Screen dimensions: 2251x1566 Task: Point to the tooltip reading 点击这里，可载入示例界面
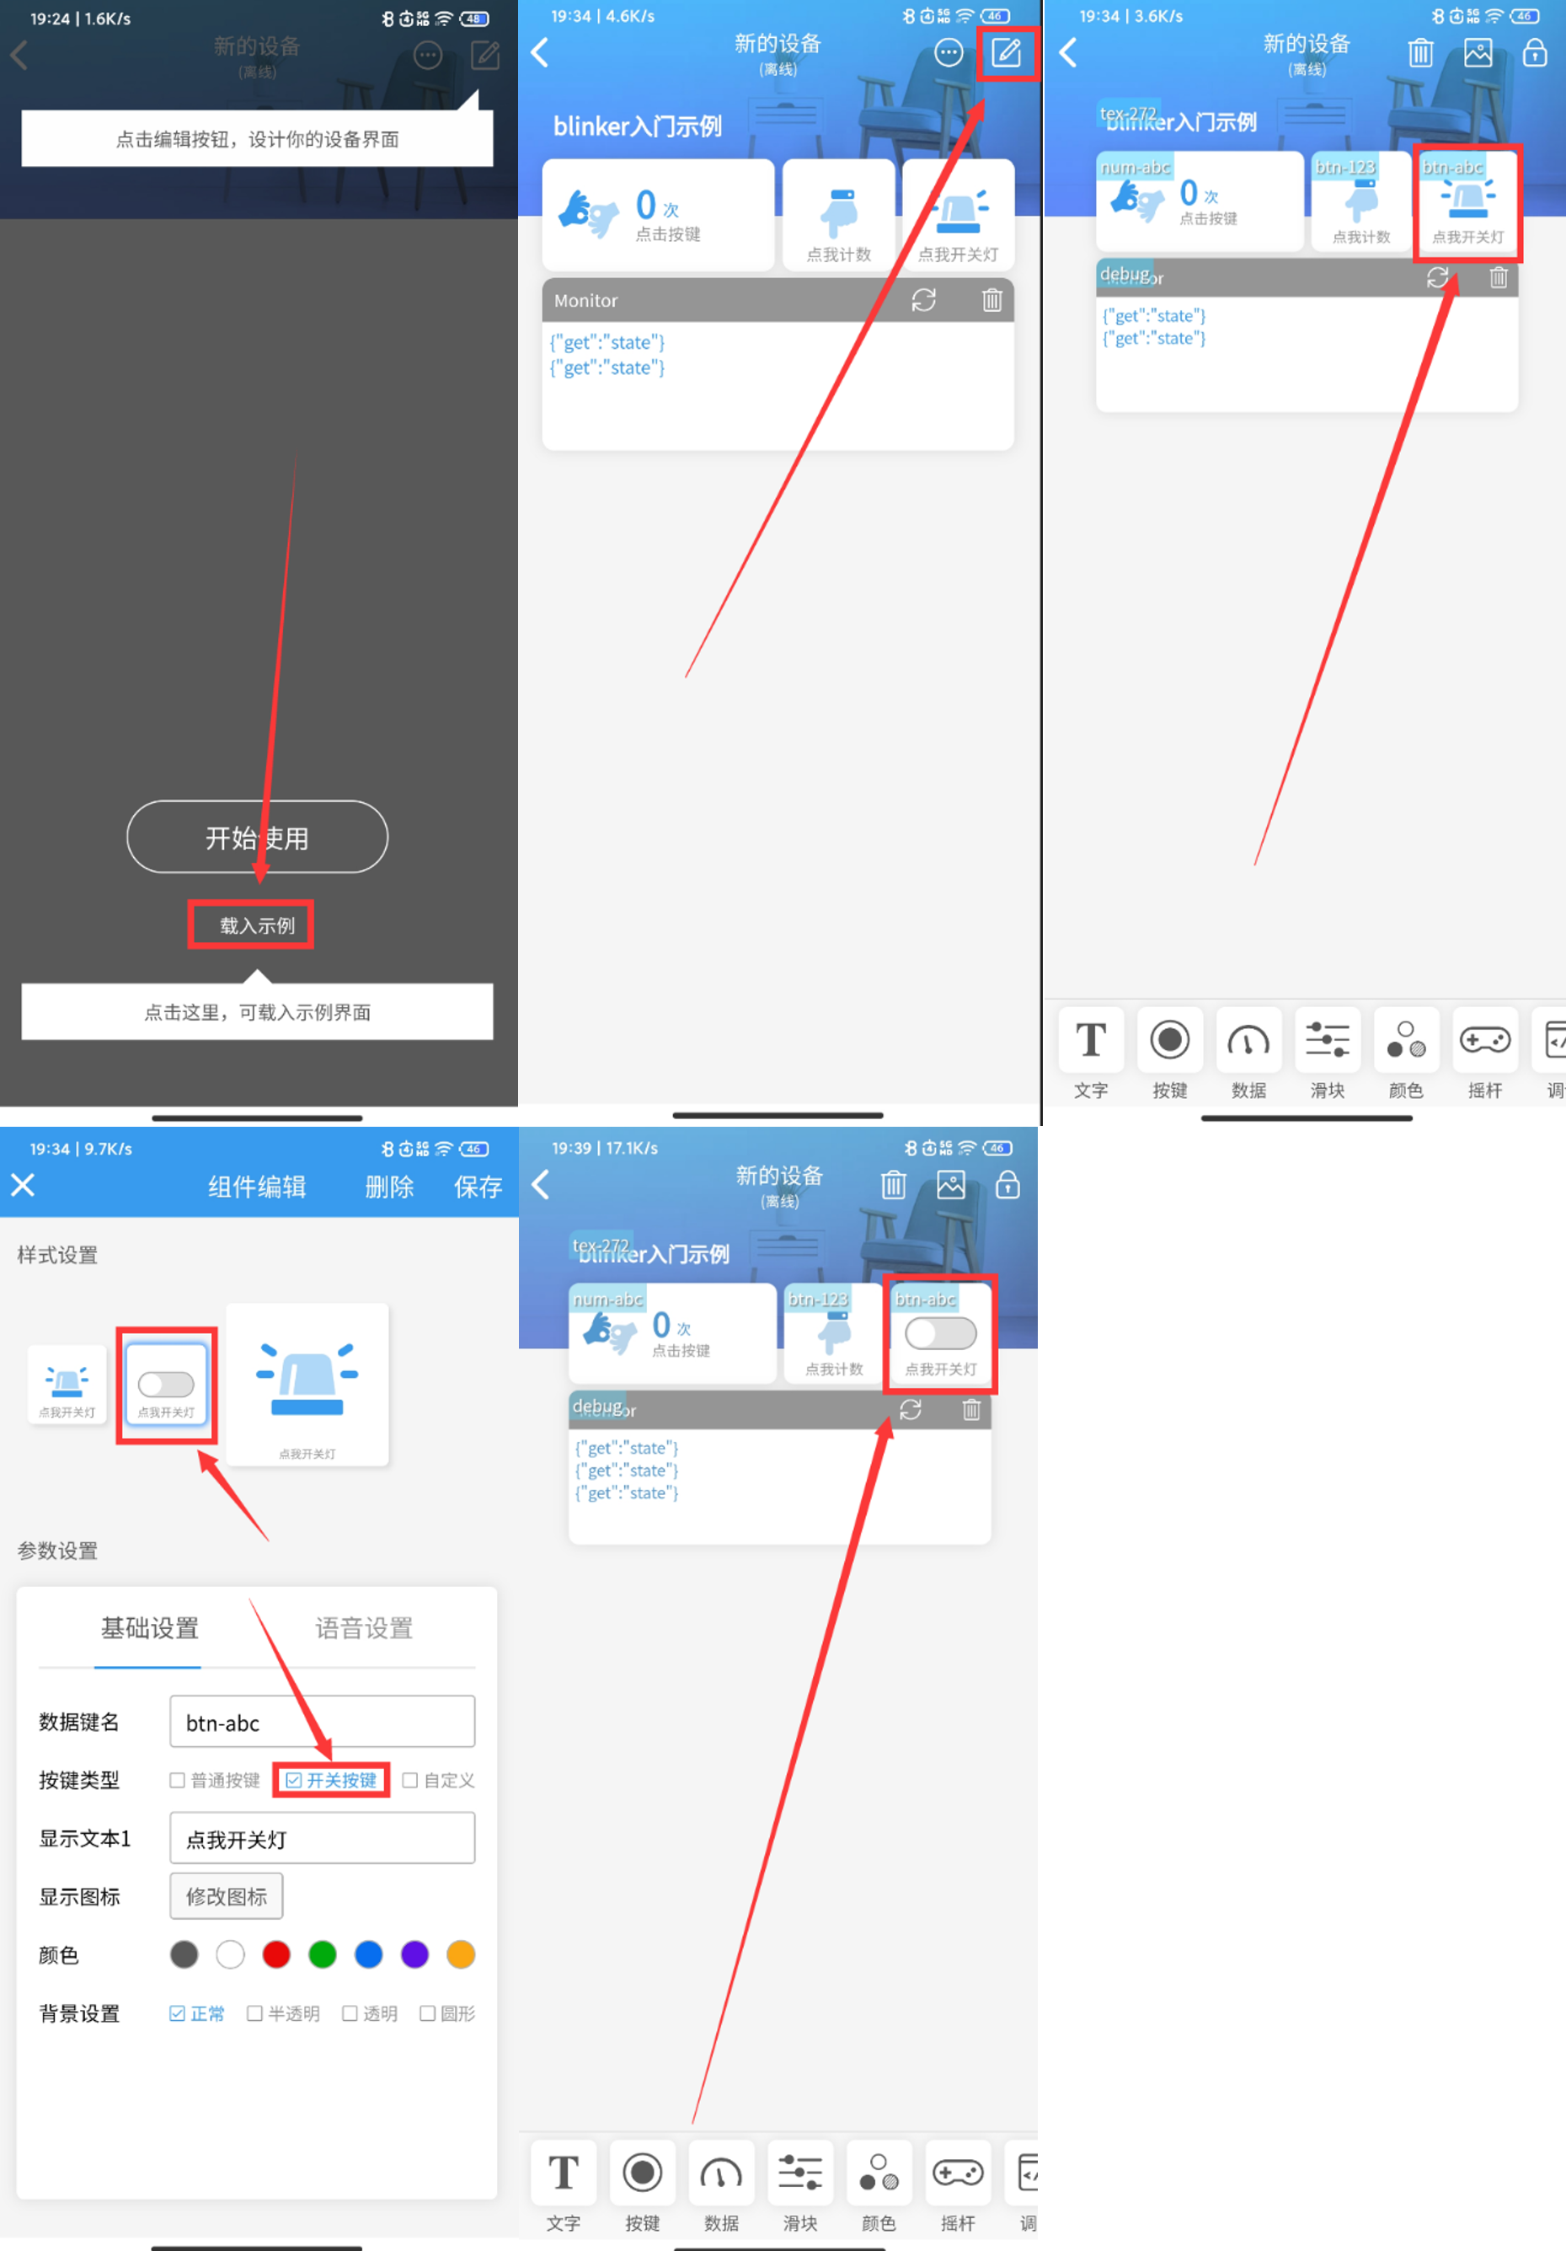[257, 1012]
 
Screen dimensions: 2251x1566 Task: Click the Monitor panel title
[586, 300]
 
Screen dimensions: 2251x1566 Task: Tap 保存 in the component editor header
[478, 1187]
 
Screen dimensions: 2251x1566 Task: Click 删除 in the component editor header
[389, 1187]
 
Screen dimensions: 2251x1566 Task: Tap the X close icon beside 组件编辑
[23, 1185]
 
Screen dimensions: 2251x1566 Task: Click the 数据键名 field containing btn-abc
[322, 1723]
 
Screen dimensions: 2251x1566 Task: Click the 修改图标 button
[227, 1896]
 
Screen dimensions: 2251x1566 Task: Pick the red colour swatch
[276, 1955]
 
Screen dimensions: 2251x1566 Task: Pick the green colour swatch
[323, 1955]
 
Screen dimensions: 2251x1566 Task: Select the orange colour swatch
[461, 1955]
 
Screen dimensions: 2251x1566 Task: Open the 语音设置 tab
[364, 1628]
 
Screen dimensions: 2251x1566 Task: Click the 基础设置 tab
[150, 1628]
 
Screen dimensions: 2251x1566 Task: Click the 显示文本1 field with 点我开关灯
[322, 1839]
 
